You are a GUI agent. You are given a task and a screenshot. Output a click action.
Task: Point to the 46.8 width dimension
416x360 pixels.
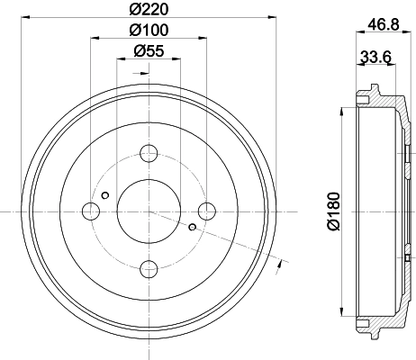[384, 24]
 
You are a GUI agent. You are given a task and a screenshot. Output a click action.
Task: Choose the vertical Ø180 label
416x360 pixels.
[334, 212]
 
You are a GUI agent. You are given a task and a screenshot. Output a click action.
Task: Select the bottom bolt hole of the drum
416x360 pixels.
[149, 268]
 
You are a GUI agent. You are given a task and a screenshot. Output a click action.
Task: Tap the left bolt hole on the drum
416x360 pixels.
[91, 211]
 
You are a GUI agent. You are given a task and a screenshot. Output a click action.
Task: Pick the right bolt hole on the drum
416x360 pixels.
[208, 211]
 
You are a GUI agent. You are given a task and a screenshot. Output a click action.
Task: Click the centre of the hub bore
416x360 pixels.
[149, 211]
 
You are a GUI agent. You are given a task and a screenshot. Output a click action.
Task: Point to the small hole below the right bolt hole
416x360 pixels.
[193, 227]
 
